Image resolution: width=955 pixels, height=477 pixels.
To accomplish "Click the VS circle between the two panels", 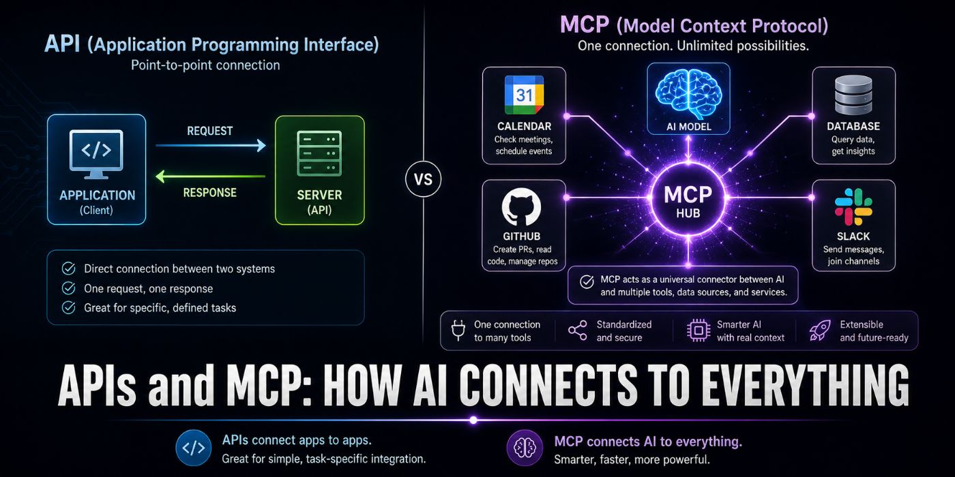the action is click(424, 179).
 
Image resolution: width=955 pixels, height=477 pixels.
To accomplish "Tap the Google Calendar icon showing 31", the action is click(524, 95).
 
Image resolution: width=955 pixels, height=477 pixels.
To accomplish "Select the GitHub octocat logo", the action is click(521, 207).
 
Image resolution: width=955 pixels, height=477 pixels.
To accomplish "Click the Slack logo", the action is click(853, 207).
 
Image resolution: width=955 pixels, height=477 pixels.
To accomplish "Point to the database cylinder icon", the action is click(853, 95).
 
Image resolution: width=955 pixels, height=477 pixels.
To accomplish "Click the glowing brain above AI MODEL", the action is click(688, 94).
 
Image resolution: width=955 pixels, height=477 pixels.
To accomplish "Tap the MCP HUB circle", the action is click(688, 198).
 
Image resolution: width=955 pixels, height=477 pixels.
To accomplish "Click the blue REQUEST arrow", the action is click(211, 146).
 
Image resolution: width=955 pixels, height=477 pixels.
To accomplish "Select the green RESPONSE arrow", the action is click(211, 176).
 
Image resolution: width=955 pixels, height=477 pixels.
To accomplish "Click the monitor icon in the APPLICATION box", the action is click(96, 154).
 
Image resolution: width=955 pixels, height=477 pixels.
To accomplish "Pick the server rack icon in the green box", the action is click(319, 153).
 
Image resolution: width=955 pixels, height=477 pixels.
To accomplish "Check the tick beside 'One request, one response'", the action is click(69, 288).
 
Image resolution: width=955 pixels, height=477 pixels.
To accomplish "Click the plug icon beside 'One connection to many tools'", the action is click(458, 330).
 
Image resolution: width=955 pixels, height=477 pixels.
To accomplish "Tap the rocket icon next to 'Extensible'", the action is click(820, 330).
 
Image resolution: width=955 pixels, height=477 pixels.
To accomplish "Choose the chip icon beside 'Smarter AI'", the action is click(699, 330).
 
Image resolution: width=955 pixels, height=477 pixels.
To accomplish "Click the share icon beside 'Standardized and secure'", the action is click(578, 330).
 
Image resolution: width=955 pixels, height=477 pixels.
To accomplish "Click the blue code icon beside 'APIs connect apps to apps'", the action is click(194, 448).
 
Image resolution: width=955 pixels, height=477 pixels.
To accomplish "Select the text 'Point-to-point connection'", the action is click(205, 65).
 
